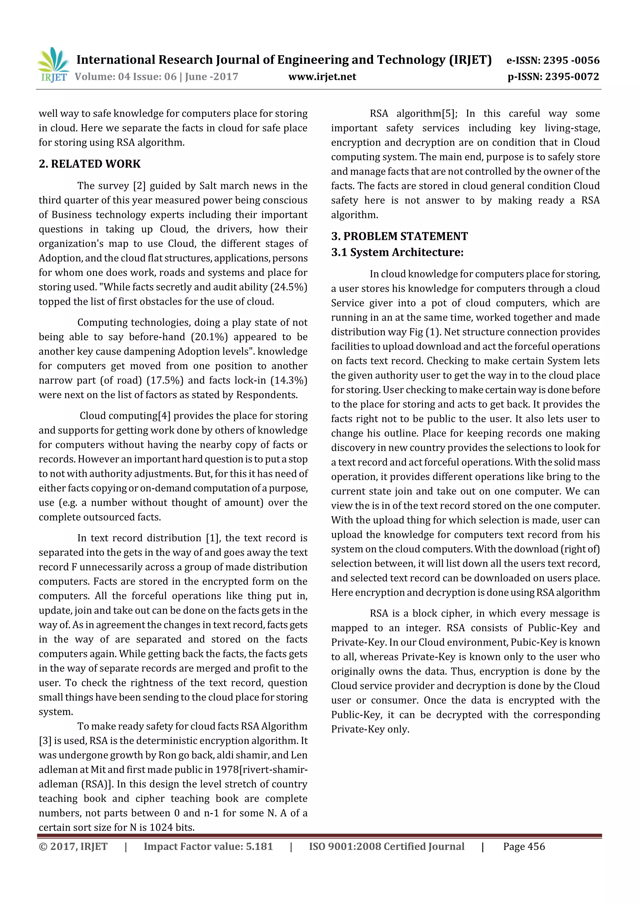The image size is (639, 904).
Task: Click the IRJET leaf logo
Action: [54, 64]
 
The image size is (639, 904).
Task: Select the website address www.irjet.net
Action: [322, 76]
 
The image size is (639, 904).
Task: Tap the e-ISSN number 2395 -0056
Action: [571, 60]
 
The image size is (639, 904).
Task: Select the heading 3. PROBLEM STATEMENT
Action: [399, 236]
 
